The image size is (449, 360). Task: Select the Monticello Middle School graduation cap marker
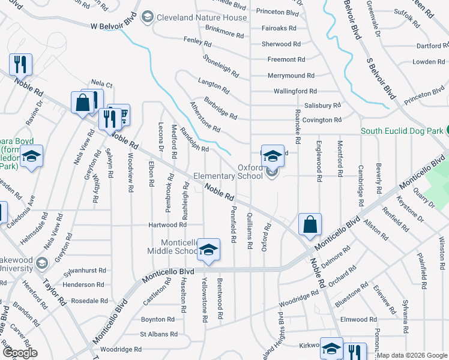click(208, 250)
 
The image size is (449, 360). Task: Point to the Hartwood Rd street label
click(167, 225)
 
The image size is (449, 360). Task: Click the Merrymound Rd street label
click(291, 76)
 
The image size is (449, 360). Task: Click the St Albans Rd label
click(158, 334)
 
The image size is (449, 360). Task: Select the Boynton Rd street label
click(157, 320)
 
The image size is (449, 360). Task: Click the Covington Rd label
click(322, 120)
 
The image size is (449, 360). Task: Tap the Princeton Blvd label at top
click(277, 12)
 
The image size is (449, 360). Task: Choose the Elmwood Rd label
click(358, 320)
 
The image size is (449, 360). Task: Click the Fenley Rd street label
click(197, 44)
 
